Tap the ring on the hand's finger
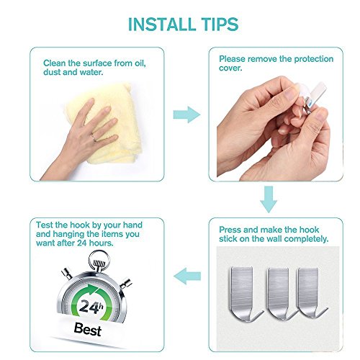[94, 138]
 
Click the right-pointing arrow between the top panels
[186, 114]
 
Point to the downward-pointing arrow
[269, 199]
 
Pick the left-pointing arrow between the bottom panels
[187, 276]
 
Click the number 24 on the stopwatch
[88, 306]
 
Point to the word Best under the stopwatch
[87, 329]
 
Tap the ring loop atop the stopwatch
[99, 258]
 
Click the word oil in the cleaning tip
[140, 63]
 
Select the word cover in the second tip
[230, 68]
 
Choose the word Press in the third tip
[230, 230]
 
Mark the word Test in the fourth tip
[45, 225]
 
